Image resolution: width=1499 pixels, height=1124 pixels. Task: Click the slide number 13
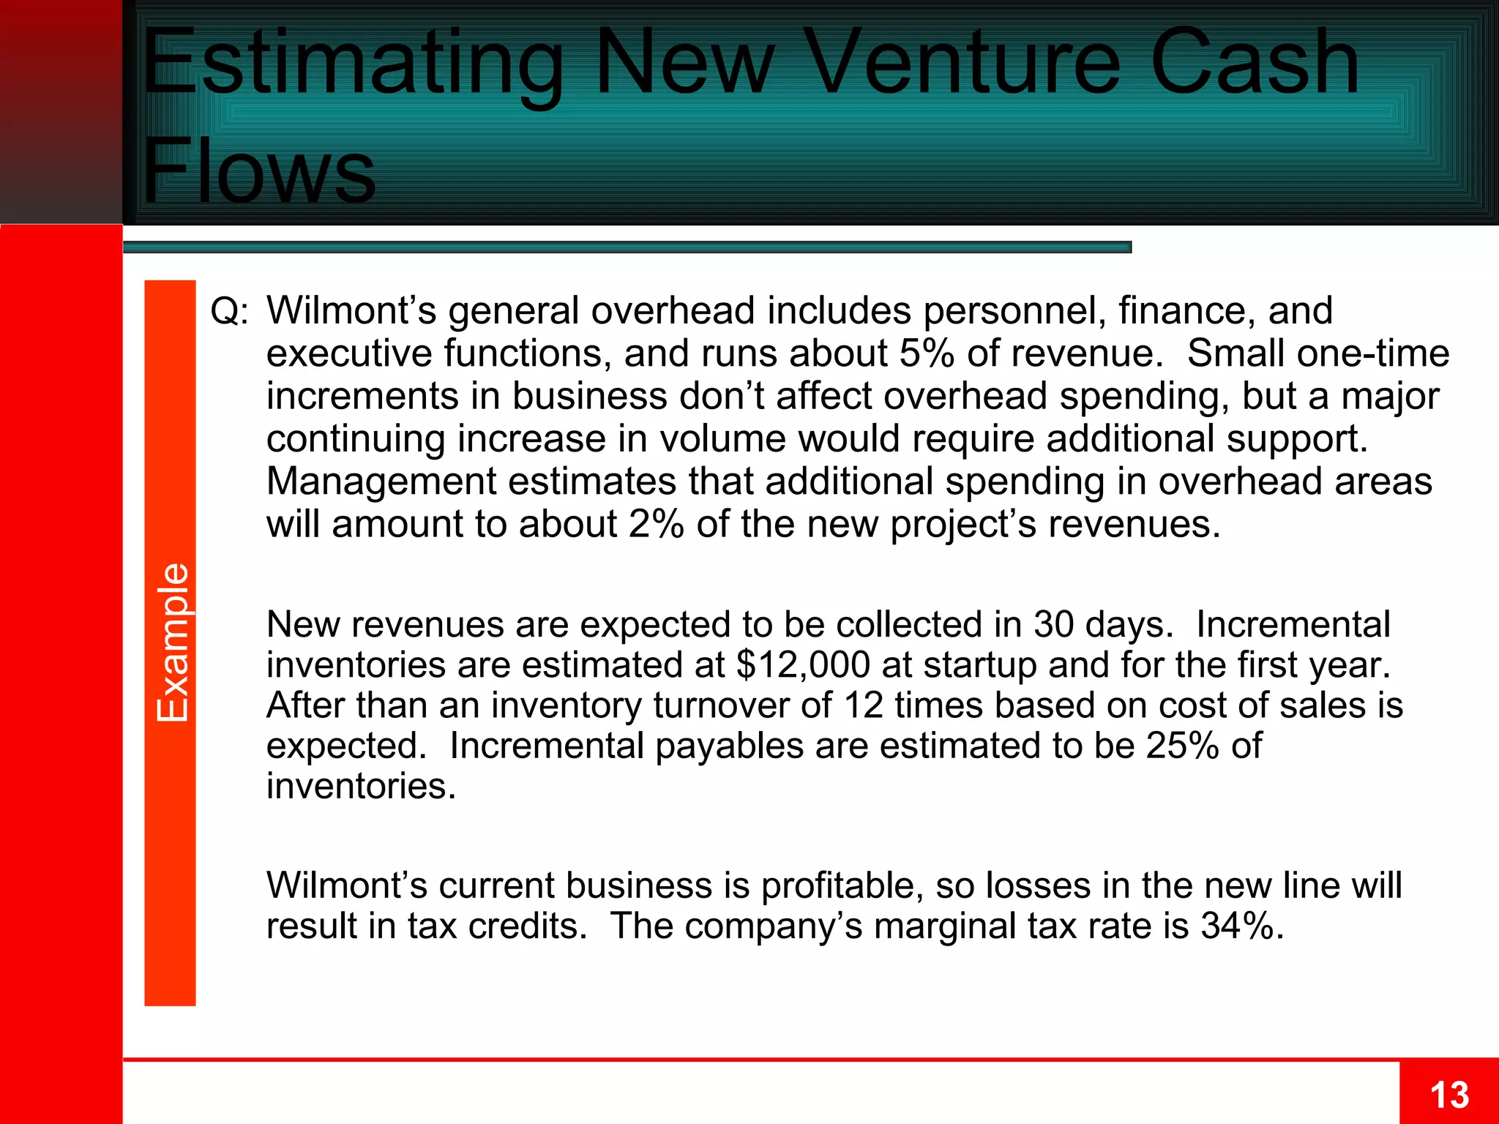pos(1448,1095)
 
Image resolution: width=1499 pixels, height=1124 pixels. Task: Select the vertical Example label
pos(172,642)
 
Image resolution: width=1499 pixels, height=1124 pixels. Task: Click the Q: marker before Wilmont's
pos(229,311)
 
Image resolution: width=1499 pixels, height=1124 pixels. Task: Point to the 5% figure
pos(926,353)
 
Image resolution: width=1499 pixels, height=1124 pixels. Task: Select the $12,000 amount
pos(803,664)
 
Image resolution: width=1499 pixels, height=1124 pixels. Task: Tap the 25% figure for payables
pos(1182,746)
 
